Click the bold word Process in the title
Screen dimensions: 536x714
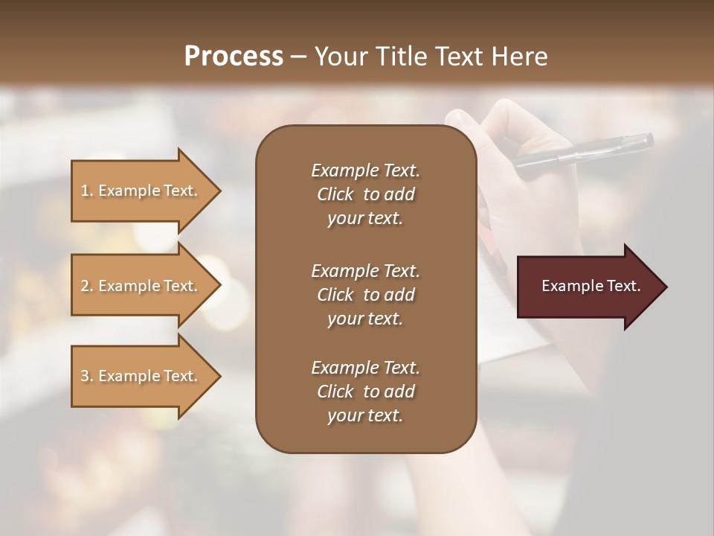click(234, 57)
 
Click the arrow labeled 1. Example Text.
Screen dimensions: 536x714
click(141, 191)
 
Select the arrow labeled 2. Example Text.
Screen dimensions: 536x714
click(141, 286)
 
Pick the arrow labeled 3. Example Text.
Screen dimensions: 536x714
click(141, 376)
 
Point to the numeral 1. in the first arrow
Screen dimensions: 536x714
click(86, 191)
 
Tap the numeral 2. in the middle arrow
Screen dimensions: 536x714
click(86, 286)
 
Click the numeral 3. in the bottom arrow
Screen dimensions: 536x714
click(86, 376)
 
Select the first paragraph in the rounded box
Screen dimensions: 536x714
click(365, 194)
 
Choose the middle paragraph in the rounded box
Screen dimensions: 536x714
click(365, 295)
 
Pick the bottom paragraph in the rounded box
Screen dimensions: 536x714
click(365, 392)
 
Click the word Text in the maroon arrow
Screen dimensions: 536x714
click(624, 286)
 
